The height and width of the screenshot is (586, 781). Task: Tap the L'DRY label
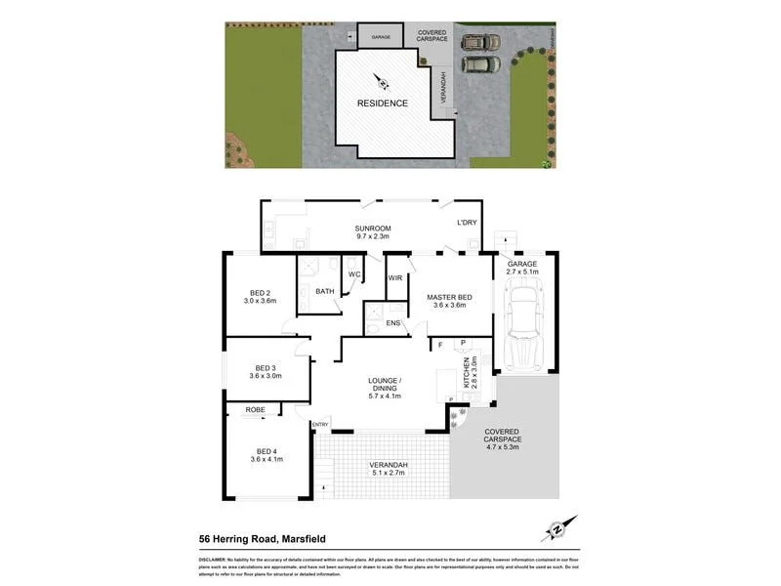click(x=467, y=224)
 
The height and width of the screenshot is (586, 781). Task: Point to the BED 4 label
click(x=265, y=455)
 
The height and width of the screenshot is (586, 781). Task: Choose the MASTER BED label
click(x=450, y=300)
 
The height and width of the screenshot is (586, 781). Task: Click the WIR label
click(x=395, y=278)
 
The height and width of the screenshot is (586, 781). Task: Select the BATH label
click(x=324, y=291)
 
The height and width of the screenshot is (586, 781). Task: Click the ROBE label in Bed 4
click(x=256, y=409)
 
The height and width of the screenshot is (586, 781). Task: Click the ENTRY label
click(x=320, y=424)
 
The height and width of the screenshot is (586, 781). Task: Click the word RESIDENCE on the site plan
click(x=382, y=103)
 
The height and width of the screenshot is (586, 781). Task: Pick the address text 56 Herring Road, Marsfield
click(x=276, y=537)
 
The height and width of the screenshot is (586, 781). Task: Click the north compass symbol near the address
click(x=558, y=528)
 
